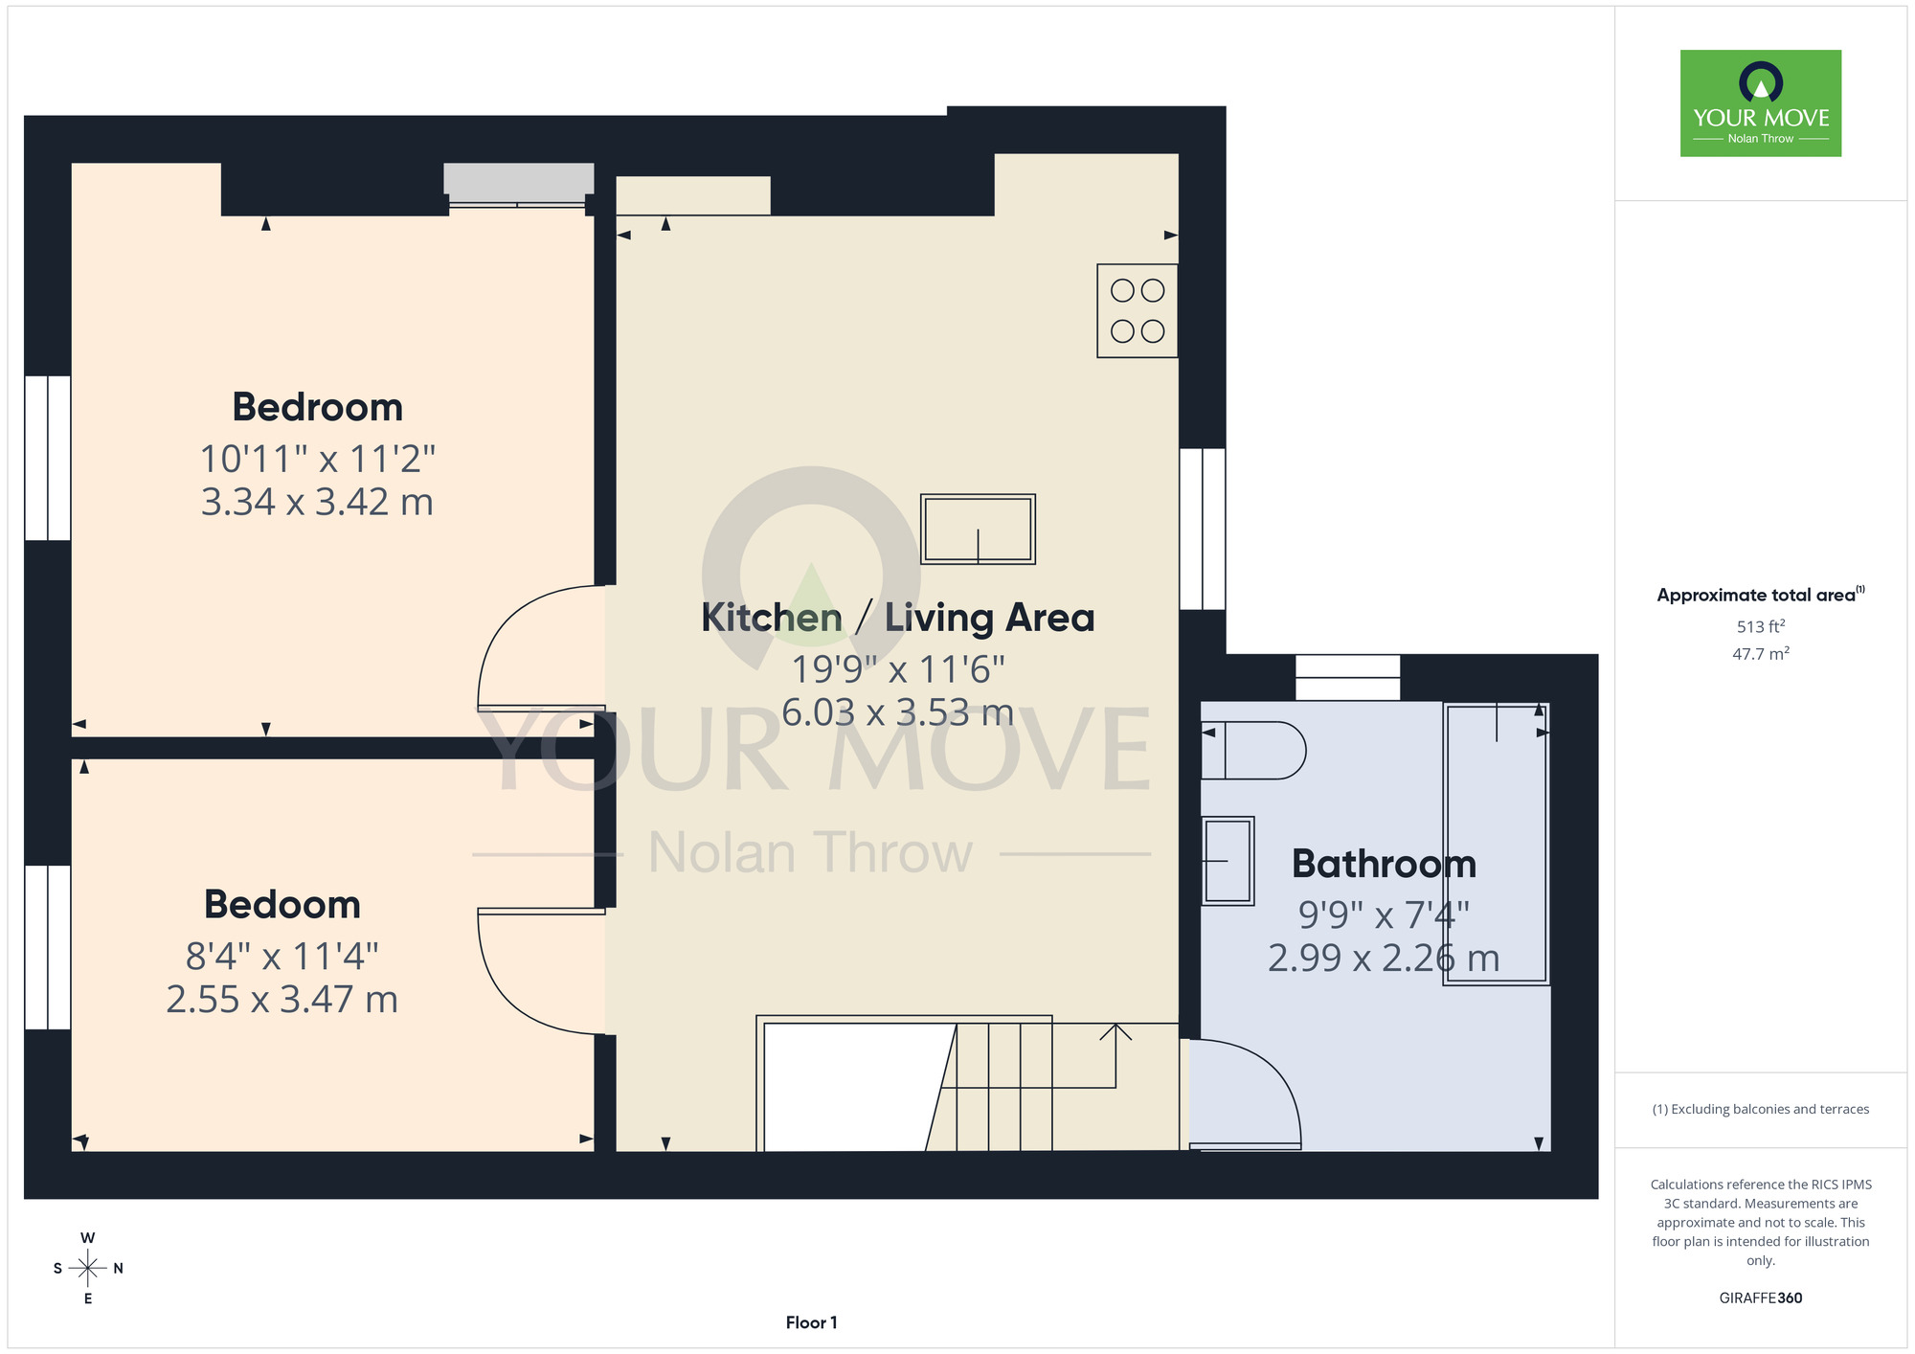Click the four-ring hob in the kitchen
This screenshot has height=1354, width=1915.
[x=1138, y=310]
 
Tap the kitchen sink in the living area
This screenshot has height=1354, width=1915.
[x=978, y=530]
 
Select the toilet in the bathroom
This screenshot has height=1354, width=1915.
[x=1253, y=750]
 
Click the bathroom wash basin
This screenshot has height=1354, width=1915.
[x=1228, y=861]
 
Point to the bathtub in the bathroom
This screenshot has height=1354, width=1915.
[x=1497, y=844]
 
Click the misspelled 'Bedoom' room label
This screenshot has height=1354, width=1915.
[x=282, y=904]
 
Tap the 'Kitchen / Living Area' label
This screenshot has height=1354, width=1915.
[x=897, y=618]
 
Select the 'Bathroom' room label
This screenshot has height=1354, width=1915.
[x=1384, y=864]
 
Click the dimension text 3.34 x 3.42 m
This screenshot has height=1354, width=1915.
[x=317, y=502]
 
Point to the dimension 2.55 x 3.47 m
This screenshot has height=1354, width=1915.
[x=282, y=1000]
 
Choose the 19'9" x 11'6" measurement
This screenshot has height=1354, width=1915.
[x=897, y=669]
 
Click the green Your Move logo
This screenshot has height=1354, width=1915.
[x=1761, y=103]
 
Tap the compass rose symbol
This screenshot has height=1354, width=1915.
[x=88, y=1269]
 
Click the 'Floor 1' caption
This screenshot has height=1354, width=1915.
[x=811, y=1322]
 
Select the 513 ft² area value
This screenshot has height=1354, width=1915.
[x=1761, y=626]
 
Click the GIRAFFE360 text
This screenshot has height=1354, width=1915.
[x=1760, y=1298]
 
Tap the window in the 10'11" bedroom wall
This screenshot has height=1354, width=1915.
[x=47, y=458]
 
